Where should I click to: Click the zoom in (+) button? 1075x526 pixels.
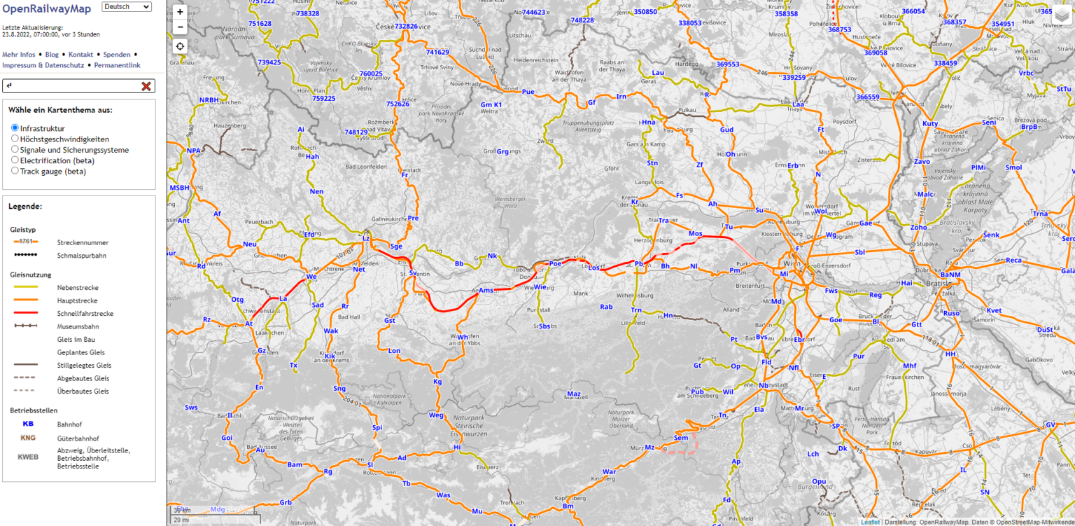pos(180,12)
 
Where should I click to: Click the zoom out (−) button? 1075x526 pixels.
pos(180,27)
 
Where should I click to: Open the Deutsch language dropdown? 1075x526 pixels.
pos(127,7)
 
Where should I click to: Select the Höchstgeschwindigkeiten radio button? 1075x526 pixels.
pos(15,139)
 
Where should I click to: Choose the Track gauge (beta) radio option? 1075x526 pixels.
pos(15,170)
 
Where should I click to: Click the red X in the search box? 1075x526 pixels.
pos(146,86)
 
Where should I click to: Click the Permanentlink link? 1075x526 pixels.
pos(117,65)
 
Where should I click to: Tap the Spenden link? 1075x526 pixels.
pos(116,54)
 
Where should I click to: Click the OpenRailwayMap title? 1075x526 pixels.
pos(46,9)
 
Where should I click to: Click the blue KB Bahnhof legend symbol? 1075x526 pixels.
pos(28,424)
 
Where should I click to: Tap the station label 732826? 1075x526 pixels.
pos(406,26)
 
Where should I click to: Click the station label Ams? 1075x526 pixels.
pos(486,290)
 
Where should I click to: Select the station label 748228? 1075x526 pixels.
pos(582,20)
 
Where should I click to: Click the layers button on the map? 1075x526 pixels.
pos(1062,15)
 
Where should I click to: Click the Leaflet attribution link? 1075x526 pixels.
pos(870,521)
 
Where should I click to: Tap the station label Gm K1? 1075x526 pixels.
pos(491,104)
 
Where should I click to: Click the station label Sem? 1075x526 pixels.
pos(680,437)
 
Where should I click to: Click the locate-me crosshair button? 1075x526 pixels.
pos(180,46)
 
